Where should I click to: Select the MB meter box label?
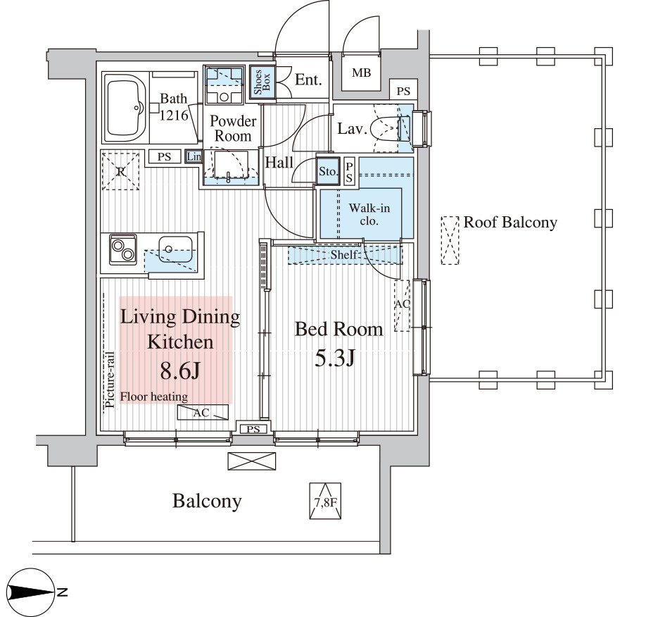click(361, 73)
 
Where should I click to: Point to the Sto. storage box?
click(328, 170)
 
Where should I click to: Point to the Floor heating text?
click(153, 397)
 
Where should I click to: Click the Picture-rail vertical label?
click(110, 381)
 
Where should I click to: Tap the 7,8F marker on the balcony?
click(324, 501)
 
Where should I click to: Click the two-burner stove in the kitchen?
click(123, 249)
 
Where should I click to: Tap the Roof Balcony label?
click(509, 223)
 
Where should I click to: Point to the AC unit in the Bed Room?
click(402, 306)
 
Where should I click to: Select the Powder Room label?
click(233, 128)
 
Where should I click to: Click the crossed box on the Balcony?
click(251, 461)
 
